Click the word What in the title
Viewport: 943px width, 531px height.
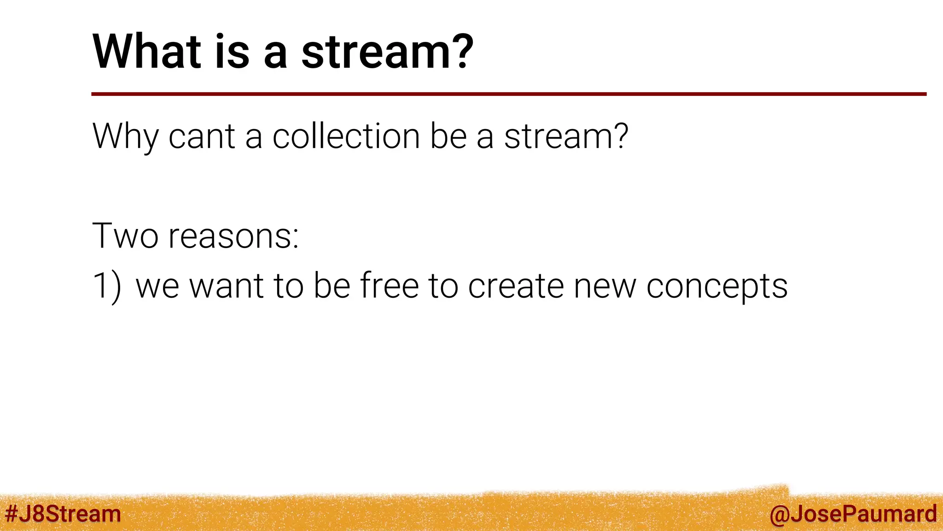point(147,52)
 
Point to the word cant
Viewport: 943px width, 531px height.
point(202,136)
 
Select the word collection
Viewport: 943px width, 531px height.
point(346,136)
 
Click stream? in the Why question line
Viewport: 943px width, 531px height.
point(566,136)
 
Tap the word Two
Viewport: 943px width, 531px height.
point(125,236)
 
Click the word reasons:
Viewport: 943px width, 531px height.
point(234,236)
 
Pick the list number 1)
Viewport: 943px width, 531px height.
point(107,286)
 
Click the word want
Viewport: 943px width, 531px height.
point(227,286)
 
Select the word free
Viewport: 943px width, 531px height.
point(389,286)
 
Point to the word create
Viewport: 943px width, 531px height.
point(516,286)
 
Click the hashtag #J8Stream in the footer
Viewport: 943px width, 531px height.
point(63,513)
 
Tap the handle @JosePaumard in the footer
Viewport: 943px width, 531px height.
point(853,513)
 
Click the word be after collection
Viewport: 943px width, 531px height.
point(448,136)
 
